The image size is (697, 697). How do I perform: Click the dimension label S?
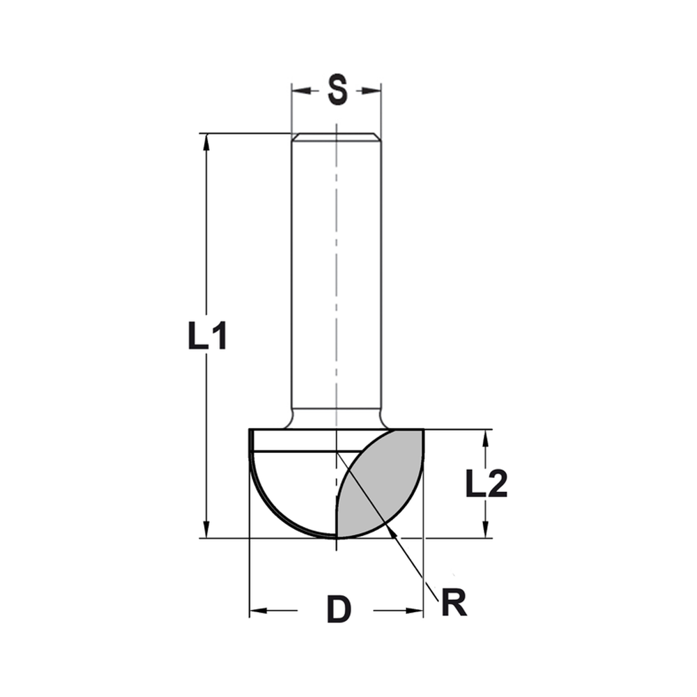pyautogui.click(x=337, y=91)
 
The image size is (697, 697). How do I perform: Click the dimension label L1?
pyautogui.click(x=207, y=337)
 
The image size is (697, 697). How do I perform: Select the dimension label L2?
pyautogui.click(x=487, y=483)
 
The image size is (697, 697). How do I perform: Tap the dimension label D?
pyautogui.click(x=339, y=611)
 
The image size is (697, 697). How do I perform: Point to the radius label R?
pyautogui.click(x=454, y=604)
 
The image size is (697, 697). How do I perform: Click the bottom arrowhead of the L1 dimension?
pyautogui.click(x=206, y=531)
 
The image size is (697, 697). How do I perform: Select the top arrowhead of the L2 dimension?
pyautogui.click(x=485, y=436)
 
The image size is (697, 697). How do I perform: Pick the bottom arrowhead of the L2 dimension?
pyautogui.click(x=485, y=532)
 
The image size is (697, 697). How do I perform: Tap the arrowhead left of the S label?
pyautogui.click(x=298, y=91)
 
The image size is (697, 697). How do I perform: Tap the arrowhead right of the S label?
pyautogui.click(x=374, y=91)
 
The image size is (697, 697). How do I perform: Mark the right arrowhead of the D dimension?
pyautogui.click(x=416, y=611)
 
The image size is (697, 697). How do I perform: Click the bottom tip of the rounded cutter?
pyautogui.click(x=336, y=537)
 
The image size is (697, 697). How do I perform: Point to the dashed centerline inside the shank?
pyautogui.click(x=336, y=279)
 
